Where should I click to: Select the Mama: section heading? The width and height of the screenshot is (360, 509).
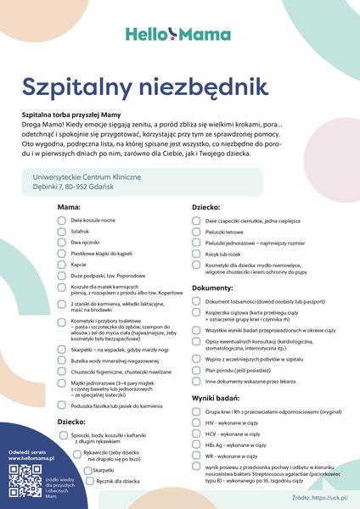[x=70, y=206]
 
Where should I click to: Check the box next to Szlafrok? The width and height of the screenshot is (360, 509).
[x=62, y=231]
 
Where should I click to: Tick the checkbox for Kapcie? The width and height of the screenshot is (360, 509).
[x=62, y=264]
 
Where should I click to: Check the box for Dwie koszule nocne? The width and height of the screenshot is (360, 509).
[x=62, y=220]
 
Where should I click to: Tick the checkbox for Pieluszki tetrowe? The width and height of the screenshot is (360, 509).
[x=197, y=232]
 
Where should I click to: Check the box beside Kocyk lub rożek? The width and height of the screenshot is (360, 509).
[x=197, y=254]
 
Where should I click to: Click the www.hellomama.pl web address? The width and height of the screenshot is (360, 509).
[x=31, y=457]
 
